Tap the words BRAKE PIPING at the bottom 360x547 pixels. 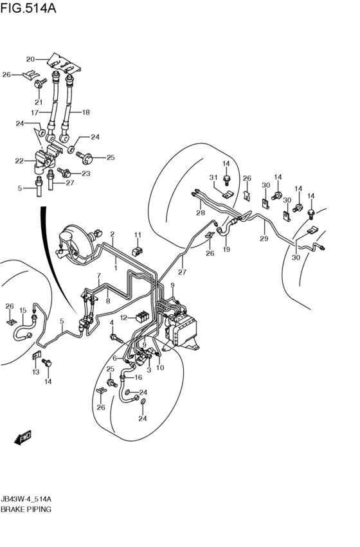click(26, 508)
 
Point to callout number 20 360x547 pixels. click(30, 59)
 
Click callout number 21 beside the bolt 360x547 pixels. click(39, 102)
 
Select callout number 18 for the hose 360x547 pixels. click(85, 112)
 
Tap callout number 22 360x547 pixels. click(19, 161)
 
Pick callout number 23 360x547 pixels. click(85, 174)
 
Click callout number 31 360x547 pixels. click(213, 177)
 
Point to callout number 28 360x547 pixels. click(201, 214)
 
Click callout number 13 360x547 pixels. click(35, 372)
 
